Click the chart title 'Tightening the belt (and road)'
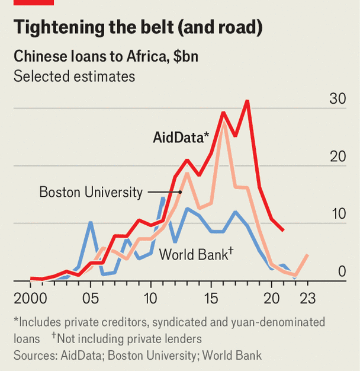pyautogui.click(x=138, y=27)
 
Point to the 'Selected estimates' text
pyautogui.click(x=74, y=76)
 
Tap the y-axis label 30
pyautogui.click(x=337, y=99)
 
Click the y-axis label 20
pyautogui.click(x=337, y=156)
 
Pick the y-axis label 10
pyautogui.click(x=337, y=214)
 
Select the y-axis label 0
pyautogui.click(x=342, y=271)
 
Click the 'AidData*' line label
pyautogui.click(x=181, y=138)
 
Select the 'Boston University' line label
pyautogui.click(x=91, y=192)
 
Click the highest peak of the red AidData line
pyautogui.click(x=247, y=101)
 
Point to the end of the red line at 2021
pyautogui.click(x=283, y=229)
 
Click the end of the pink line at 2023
pyautogui.click(x=307, y=255)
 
